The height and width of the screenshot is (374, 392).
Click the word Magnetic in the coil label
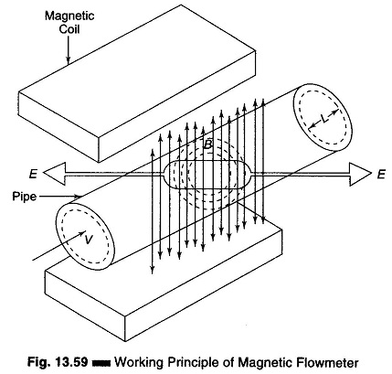pos(69,16)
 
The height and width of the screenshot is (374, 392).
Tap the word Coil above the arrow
pos(69,29)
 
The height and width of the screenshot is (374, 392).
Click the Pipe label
pos(25,197)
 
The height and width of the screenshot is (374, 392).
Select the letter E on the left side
pos(33,174)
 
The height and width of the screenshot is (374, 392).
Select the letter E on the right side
pos(381,175)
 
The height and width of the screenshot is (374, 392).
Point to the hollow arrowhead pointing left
pos(55,174)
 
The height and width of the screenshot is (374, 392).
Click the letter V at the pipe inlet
pos(89,240)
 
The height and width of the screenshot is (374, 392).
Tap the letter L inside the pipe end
pos(325,120)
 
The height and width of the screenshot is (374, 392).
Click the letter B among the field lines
pos(207,144)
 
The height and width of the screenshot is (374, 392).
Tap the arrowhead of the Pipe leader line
pos(79,197)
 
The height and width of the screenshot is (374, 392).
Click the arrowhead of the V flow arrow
pos(82,234)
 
